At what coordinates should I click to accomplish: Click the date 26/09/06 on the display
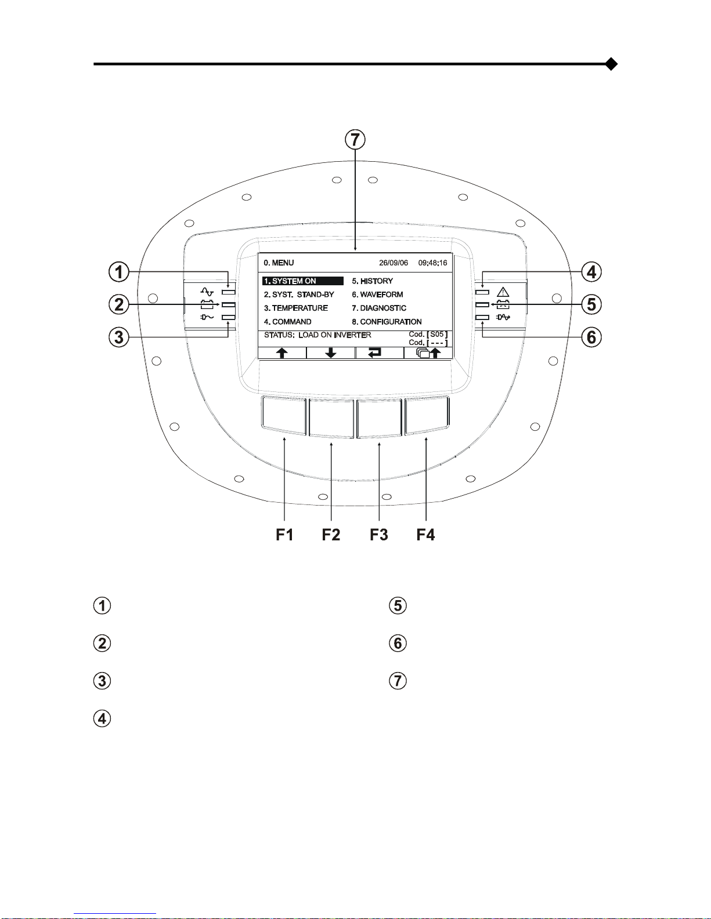(393, 263)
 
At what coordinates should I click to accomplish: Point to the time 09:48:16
(432, 263)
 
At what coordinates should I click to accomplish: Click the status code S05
(436, 334)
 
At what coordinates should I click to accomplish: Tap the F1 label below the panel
(284, 535)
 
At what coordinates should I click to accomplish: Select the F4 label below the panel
(426, 535)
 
